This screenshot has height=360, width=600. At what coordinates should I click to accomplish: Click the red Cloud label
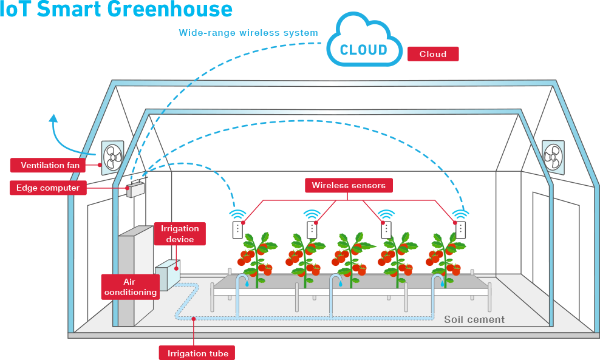(x=433, y=54)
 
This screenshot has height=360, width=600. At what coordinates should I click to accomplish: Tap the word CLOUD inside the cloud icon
(x=363, y=50)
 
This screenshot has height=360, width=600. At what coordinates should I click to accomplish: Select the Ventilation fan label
(x=50, y=165)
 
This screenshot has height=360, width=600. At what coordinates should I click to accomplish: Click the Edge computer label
(x=48, y=188)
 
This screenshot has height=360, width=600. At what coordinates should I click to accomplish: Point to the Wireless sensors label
(x=349, y=185)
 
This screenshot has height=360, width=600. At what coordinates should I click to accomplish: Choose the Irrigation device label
(x=180, y=234)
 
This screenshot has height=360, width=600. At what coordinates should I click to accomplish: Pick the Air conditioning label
(x=131, y=287)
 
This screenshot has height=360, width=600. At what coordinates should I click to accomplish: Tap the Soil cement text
(x=474, y=319)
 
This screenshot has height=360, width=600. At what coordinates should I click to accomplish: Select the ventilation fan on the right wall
(x=553, y=157)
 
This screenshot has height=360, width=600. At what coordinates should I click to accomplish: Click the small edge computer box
(x=135, y=189)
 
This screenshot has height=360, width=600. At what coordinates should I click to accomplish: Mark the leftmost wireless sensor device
(x=237, y=229)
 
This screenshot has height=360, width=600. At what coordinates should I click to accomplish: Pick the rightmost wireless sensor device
(x=460, y=229)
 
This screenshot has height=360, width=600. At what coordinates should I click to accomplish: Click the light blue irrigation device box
(x=168, y=273)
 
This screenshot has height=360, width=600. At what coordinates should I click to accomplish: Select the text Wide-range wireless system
(x=248, y=33)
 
